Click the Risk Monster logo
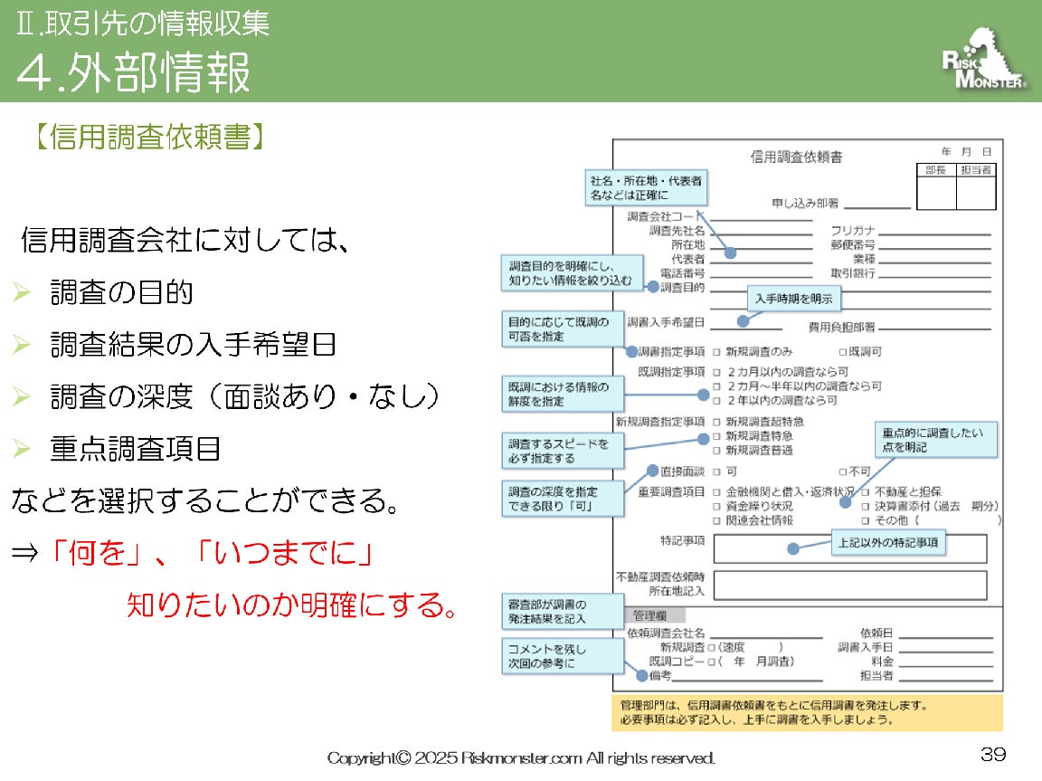tap(984, 62)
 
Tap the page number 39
tap(993, 754)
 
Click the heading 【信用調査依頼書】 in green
tap(151, 137)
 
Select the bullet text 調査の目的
tap(121, 292)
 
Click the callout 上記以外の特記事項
tap(887, 544)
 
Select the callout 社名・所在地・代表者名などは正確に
tap(646, 187)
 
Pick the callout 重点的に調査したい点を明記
tap(935, 439)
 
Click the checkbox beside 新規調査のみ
tap(716, 351)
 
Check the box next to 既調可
tap(842, 351)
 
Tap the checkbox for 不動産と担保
tap(866, 491)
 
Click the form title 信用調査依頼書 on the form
tap(796, 157)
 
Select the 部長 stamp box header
tap(935, 169)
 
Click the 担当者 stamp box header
tap(976, 169)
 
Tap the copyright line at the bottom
tap(521, 757)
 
